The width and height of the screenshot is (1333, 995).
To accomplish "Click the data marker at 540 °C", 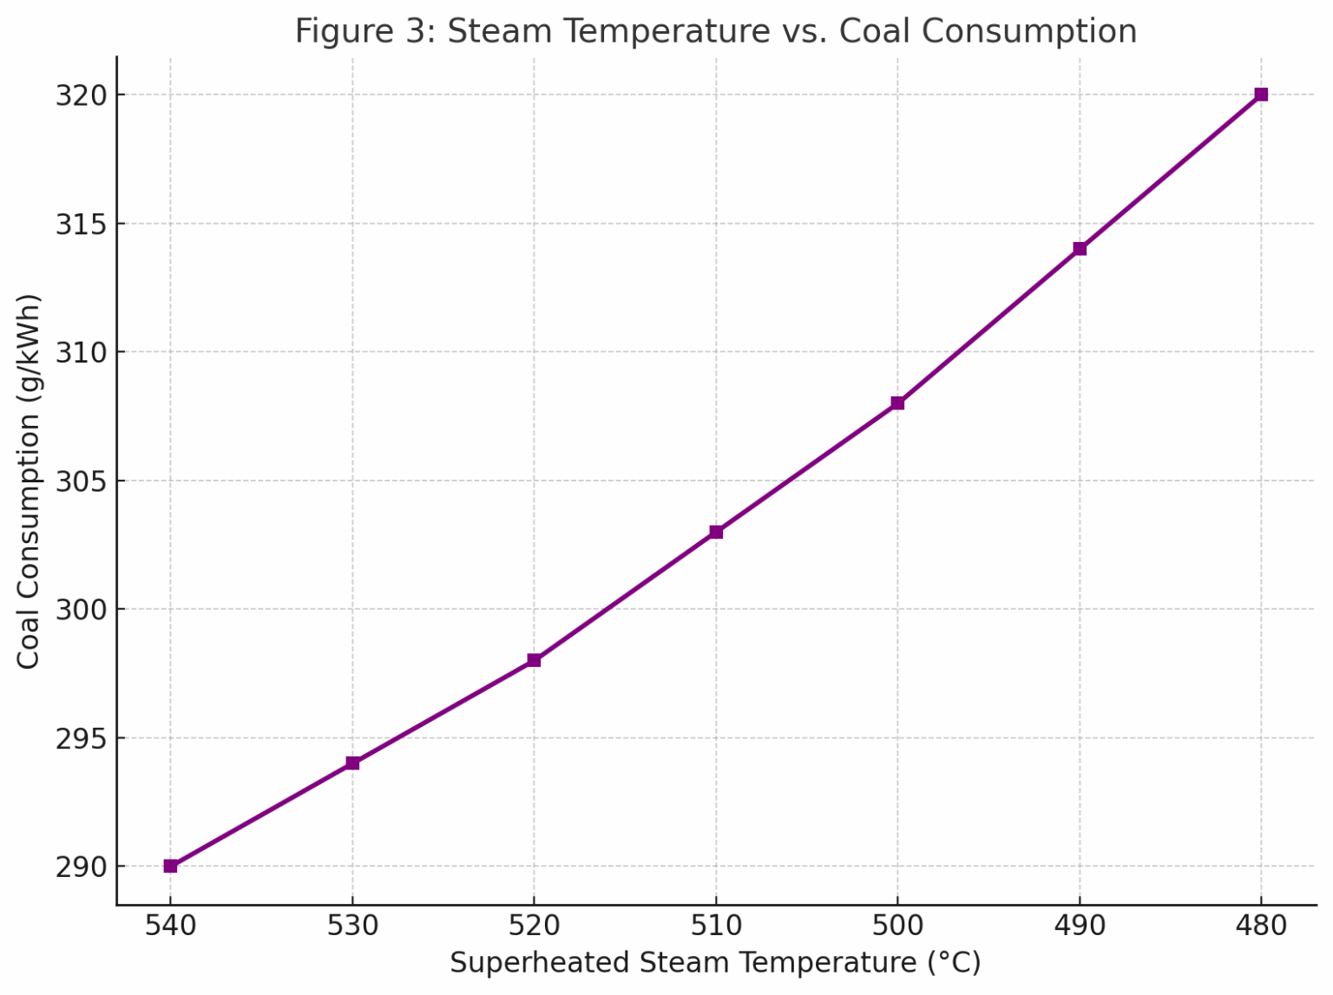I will pos(170,866).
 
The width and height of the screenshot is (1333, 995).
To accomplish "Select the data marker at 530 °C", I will pos(352,763).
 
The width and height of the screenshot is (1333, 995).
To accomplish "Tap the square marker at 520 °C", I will pos(534,660).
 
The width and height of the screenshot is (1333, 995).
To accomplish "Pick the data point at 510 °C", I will pos(716,532).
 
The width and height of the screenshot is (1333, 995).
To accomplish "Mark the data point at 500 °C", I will pos(897,403).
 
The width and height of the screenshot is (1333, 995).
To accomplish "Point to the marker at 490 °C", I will pos(1080,249).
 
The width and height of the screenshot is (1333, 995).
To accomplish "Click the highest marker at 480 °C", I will pos(1261,95).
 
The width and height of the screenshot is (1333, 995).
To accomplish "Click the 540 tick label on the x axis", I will pos(170,926).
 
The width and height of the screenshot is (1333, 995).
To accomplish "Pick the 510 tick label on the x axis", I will pos(716,926).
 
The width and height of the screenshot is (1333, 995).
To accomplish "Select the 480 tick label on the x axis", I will pos(1261,926).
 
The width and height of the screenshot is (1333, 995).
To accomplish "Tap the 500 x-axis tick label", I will pos(897,926).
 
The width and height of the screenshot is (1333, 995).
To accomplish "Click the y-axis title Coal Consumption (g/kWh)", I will pos(29,481).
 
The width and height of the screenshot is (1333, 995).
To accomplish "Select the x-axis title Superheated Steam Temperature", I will pos(715,963).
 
